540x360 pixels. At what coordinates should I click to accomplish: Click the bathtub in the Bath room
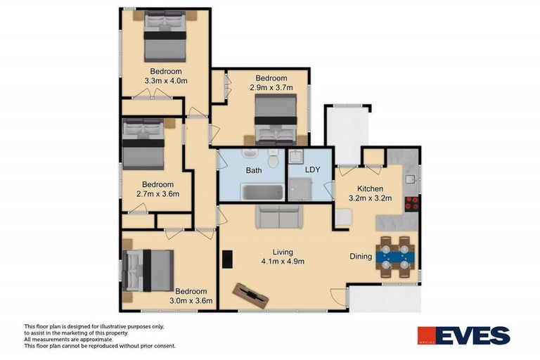262,192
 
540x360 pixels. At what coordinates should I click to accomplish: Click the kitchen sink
410,179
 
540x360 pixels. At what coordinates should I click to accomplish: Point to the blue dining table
395,257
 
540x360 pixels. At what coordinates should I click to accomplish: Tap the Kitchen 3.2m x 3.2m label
370,193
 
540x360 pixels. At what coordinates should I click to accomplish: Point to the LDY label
313,170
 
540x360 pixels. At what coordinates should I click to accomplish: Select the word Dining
361,257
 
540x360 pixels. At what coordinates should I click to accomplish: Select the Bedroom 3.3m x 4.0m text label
165,76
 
